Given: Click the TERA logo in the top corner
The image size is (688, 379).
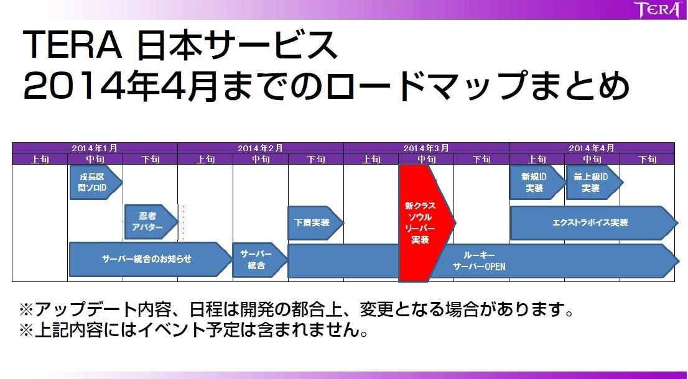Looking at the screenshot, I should point(656,11).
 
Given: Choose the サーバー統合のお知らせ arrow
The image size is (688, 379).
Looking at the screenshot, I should point(147,259).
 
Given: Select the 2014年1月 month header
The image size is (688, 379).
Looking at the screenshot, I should point(95,148).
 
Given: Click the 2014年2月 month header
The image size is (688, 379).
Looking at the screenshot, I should point(260,148).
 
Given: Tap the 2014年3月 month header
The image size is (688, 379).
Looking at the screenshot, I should point(426,148).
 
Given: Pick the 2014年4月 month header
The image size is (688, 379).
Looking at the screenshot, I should point(592,148).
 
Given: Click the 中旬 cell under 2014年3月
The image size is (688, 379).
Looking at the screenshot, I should point(426,160).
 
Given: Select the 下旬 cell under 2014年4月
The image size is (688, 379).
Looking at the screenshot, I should point(647,160).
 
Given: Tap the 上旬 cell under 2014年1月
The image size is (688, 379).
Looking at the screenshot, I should point(40,160).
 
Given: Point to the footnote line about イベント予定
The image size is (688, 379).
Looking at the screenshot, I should point(193,330).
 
